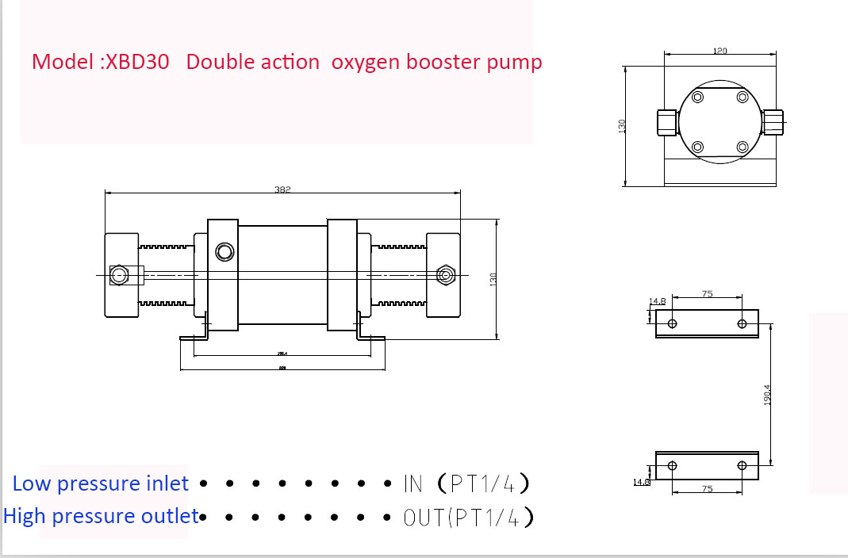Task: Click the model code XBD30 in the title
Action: (x=138, y=62)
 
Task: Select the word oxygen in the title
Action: (x=366, y=63)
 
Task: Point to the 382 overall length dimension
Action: (x=283, y=189)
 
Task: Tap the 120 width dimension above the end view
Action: (x=719, y=51)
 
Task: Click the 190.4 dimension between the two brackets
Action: (x=767, y=395)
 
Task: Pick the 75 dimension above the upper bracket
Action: (x=707, y=294)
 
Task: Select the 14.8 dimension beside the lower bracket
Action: (x=641, y=481)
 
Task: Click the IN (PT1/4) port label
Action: (x=466, y=483)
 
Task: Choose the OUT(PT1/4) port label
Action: (x=468, y=518)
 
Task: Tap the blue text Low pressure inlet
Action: (x=101, y=483)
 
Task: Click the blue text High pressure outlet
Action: (x=101, y=517)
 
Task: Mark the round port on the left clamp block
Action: (x=224, y=252)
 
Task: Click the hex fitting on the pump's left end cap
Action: (x=120, y=275)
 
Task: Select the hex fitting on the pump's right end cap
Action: (x=445, y=275)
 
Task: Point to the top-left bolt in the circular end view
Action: (x=698, y=97)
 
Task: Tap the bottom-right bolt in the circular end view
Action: (x=742, y=147)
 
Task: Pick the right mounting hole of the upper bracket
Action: (x=742, y=323)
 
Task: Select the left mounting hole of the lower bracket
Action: (x=673, y=465)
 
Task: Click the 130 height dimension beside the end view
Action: (x=623, y=125)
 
